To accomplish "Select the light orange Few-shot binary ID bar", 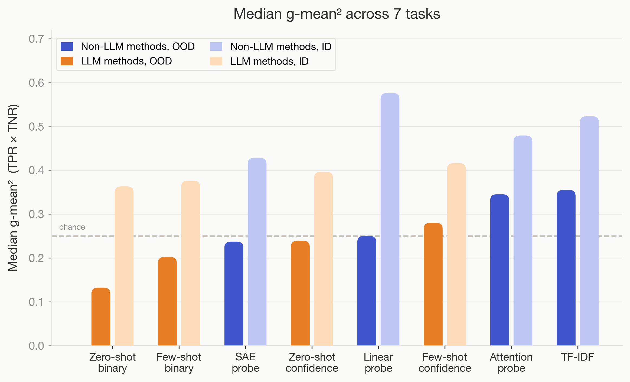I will [190, 263].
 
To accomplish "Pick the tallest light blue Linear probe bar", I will [390, 219].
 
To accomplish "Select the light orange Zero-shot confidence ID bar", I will [323, 258].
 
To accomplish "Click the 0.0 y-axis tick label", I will [36, 346].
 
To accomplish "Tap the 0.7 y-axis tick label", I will [36, 39].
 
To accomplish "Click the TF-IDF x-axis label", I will [577, 357].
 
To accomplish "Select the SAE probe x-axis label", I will [245, 362].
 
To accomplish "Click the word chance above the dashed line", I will [72, 227].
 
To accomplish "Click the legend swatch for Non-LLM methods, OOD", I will [67, 47].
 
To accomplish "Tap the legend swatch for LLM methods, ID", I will [216, 61].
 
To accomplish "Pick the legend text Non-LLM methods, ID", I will [281, 47].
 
